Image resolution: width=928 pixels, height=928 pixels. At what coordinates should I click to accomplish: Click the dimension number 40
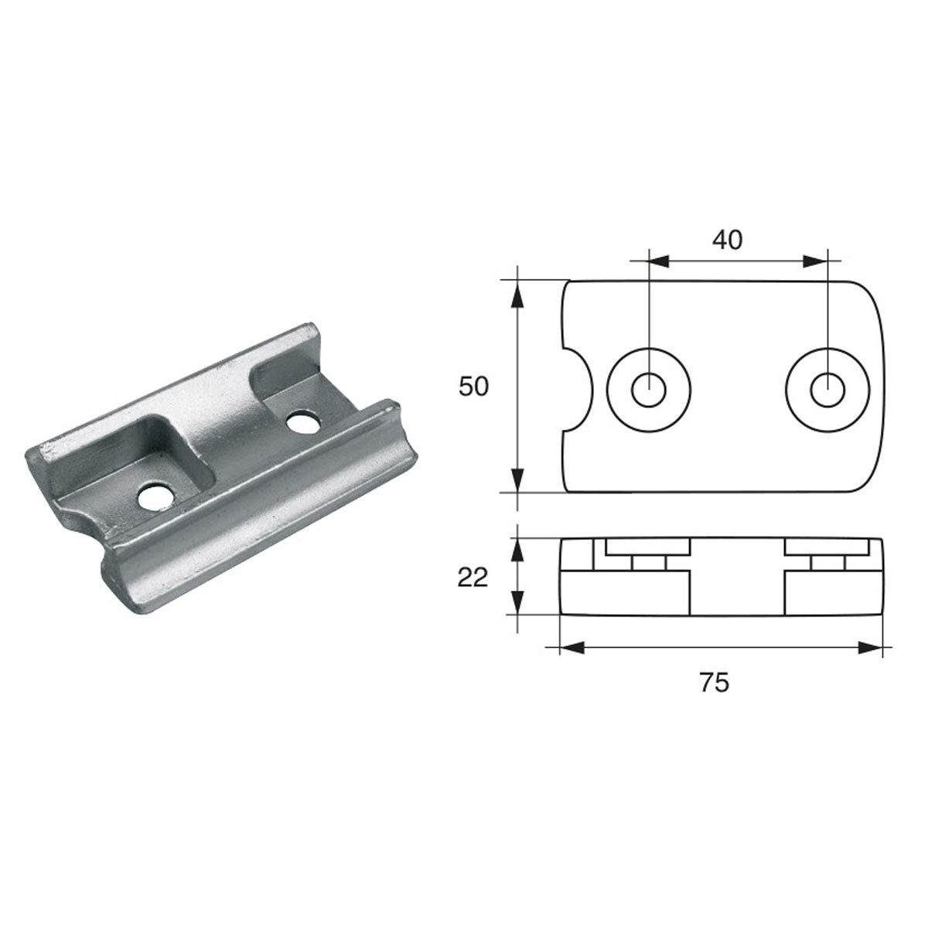pos(726,241)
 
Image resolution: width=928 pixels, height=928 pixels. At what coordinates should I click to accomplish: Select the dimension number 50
pos(474,387)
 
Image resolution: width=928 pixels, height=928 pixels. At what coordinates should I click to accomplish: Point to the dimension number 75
pos(714,682)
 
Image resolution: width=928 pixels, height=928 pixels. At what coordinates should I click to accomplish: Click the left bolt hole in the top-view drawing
pos(649,388)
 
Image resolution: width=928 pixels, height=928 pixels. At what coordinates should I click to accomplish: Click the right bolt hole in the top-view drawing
pos(827,388)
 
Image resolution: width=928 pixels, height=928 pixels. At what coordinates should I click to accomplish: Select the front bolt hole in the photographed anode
pos(158,497)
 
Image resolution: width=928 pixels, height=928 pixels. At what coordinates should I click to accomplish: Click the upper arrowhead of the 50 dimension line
pos(517,290)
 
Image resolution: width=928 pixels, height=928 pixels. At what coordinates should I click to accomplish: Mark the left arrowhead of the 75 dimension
pos(567,648)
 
